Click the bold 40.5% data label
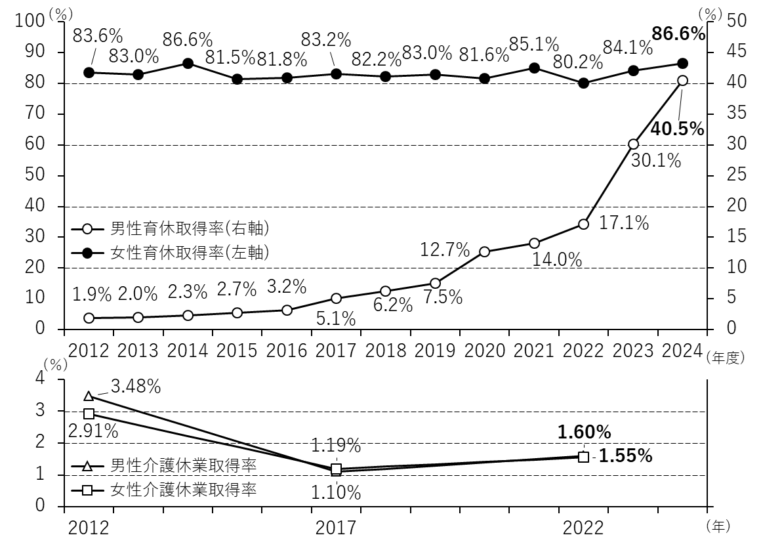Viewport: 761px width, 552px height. [x=677, y=129]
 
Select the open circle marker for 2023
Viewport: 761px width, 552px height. [x=633, y=144]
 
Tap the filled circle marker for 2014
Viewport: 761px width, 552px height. [x=188, y=64]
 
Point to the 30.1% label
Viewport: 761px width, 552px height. [x=655, y=160]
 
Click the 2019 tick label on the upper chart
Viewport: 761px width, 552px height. [x=435, y=349]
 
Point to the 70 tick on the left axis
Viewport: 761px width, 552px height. [x=35, y=114]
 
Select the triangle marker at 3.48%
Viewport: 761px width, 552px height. [x=89, y=396]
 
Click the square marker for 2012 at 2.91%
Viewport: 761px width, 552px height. [x=89, y=414]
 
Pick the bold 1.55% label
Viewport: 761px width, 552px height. [x=625, y=456]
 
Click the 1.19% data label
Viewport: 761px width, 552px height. [x=335, y=446]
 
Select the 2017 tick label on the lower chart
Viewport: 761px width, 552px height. [x=335, y=527]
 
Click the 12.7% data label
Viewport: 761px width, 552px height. [x=445, y=250]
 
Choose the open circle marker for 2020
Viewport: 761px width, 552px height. [x=485, y=251]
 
